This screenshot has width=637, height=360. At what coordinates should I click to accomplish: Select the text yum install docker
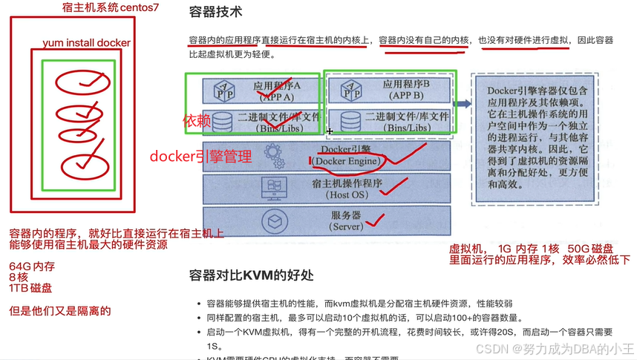click(87, 43)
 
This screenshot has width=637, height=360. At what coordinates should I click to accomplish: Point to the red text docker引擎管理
click(200, 156)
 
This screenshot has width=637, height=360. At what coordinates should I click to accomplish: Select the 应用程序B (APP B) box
click(386, 90)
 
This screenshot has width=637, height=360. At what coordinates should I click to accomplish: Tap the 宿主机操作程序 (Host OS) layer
click(327, 188)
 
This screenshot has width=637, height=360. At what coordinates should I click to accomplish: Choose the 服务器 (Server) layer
click(327, 220)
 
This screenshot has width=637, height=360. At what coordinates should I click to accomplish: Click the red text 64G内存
click(32, 266)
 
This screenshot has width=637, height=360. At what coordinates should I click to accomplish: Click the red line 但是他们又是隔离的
click(59, 310)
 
